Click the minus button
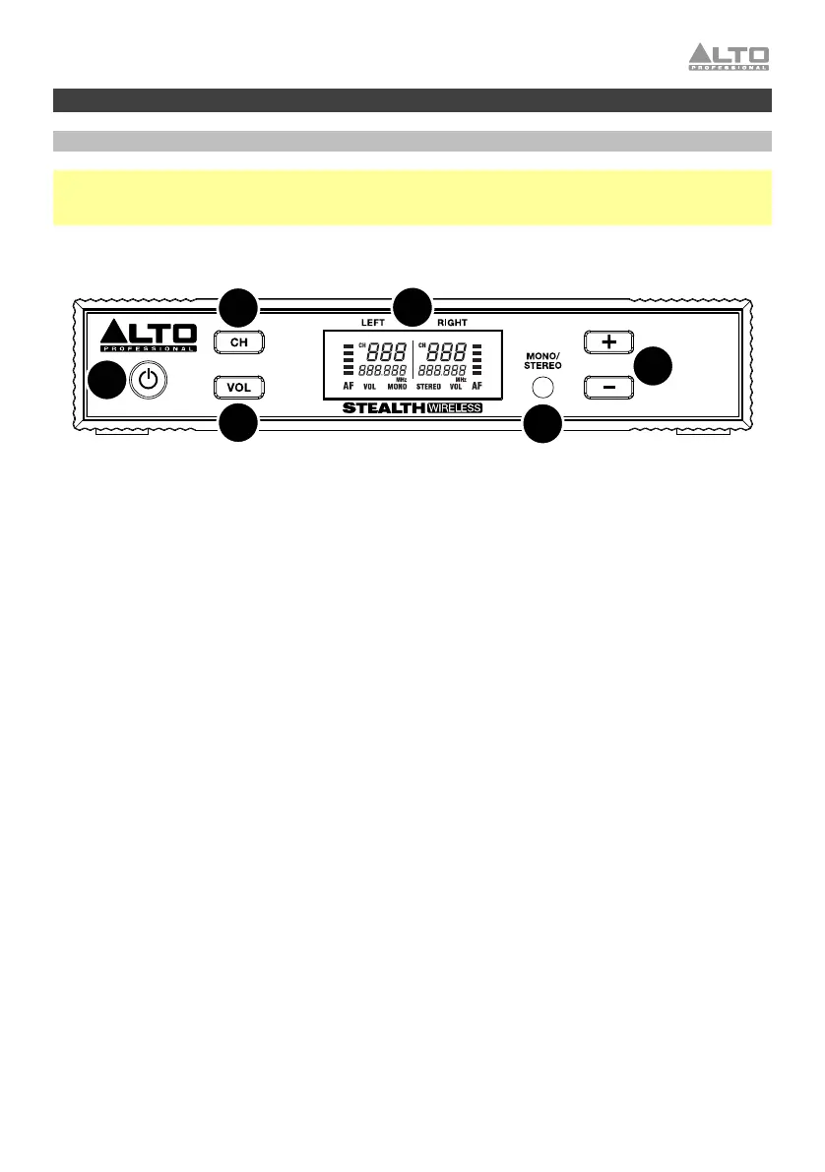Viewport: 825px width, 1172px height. pyautogui.click(x=608, y=388)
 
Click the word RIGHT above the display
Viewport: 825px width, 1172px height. pyautogui.click(x=453, y=322)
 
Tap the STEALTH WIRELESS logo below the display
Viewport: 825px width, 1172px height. pyautogui.click(x=412, y=408)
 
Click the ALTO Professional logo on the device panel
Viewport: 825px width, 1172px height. pyautogui.click(x=149, y=336)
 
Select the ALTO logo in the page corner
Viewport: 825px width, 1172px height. pyautogui.click(x=728, y=56)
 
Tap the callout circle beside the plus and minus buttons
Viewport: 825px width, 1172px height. pyautogui.click(x=652, y=365)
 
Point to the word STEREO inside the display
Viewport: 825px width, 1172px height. pyautogui.click(x=428, y=388)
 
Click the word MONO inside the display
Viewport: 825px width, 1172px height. pyautogui.click(x=398, y=388)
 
